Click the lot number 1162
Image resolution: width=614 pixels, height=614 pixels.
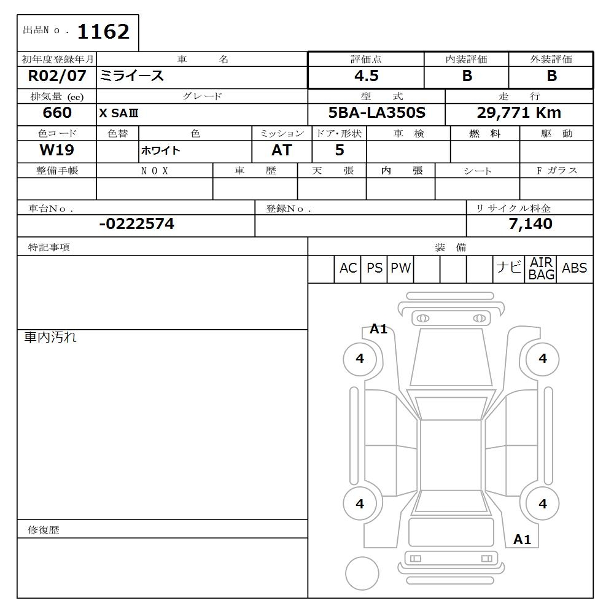coord(103,31)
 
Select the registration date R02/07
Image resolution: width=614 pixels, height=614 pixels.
coord(56,76)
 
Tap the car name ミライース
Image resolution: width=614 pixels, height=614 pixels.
coord(132,76)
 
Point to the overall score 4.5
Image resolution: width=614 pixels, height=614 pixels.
coord(366,76)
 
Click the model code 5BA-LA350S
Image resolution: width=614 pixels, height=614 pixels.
coord(376,113)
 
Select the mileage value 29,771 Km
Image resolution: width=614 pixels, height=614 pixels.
coord(519,113)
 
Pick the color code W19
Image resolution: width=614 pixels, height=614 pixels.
coord(56,150)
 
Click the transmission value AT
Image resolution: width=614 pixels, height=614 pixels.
coord(281,150)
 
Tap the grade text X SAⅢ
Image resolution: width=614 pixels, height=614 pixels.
coord(119,114)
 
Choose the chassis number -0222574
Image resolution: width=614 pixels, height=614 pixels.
coord(136,224)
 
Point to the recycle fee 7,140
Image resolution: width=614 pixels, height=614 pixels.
coord(530,224)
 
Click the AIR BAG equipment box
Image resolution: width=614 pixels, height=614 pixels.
coord(542,269)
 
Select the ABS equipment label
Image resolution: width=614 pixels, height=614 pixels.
coord(574,268)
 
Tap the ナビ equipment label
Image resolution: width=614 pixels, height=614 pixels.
coord(508,268)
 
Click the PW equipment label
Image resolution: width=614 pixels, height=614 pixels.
coord(400,268)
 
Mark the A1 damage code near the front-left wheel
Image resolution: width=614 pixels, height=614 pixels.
coord(379,329)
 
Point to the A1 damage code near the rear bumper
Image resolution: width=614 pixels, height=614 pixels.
coord(522,540)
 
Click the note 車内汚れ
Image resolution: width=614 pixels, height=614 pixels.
coord(50,337)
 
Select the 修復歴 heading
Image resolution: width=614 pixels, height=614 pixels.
coord(44,529)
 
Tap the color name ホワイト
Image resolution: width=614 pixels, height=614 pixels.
coord(160,151)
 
